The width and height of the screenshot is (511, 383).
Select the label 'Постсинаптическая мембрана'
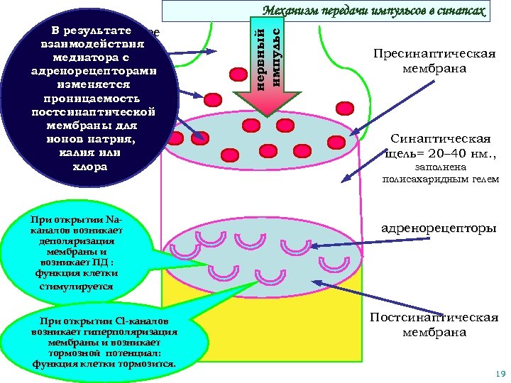pyautogui.click(x=434, y=325)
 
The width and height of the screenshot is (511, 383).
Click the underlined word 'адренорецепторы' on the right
pyautogui.click(x=438, y=229)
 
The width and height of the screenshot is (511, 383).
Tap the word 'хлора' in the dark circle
pyautogui.click(x=89, y=167)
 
